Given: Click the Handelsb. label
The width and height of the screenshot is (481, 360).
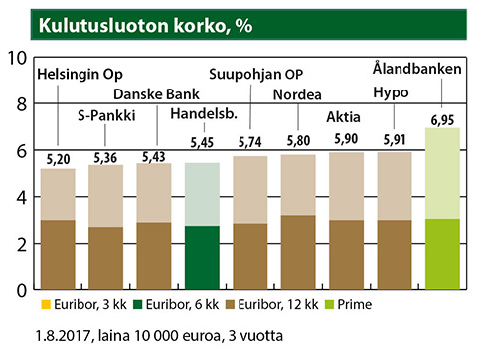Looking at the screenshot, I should click(203, 116).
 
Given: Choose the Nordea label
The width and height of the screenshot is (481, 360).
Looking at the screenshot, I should click(296, 94).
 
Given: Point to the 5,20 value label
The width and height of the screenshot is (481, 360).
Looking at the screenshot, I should click(58, 159).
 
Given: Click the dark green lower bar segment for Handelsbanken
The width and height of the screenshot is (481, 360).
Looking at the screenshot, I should click(203, 258).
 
